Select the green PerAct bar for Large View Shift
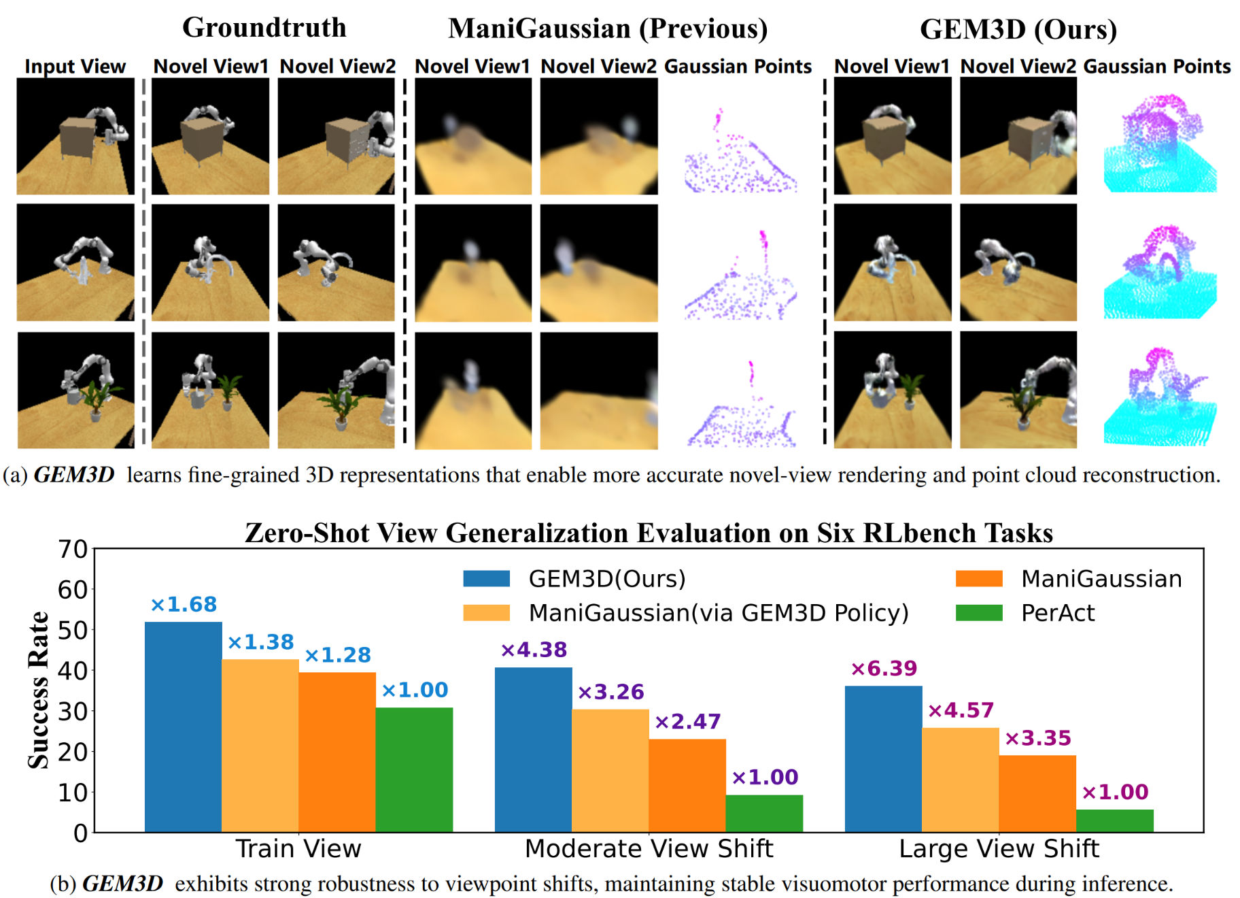(x=1114, y=820)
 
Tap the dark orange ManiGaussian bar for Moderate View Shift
(x=687, y=785)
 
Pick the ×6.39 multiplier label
(x=884, y=669)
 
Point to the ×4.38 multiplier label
(x=534, y=650)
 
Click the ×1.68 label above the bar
(x=183, y=604)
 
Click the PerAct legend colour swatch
(x=978, y=613)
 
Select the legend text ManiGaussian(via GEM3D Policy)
(x=719, y=613)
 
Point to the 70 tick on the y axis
(x=73, y=549)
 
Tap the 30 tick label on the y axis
(x=73, y=712)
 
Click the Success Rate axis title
(x=39, y=690)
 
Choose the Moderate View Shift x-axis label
(x=649, y=849)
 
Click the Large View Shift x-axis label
(x=999, y=849)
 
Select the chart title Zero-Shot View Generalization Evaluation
(x=649, y=533)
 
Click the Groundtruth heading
(x=264, y=28)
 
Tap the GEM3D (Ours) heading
(x=1018, y=29)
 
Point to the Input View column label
(x=75, y=67)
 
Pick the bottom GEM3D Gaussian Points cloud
(x=1158, y=398)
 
